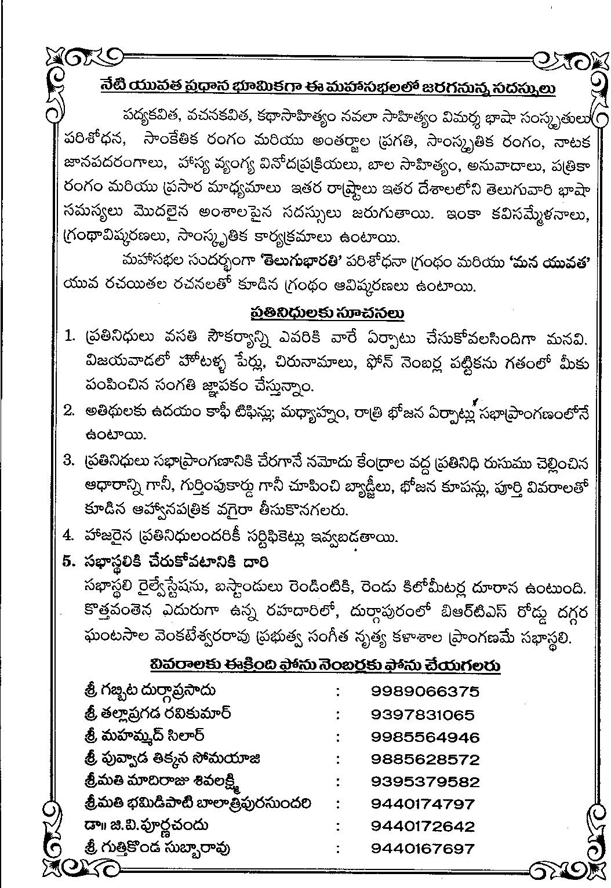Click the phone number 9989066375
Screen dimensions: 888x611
425,692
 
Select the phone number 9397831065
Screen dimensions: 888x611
423,715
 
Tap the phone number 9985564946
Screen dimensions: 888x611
425,737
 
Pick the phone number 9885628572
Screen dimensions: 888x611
425,759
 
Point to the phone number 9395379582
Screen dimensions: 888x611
425,782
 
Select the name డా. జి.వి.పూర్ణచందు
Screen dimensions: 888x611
146,825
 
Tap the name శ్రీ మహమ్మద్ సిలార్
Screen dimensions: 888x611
144,737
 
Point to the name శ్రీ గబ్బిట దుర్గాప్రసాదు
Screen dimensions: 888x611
150,691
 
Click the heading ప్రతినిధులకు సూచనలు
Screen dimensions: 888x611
327,313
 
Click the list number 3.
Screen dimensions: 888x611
70,460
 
